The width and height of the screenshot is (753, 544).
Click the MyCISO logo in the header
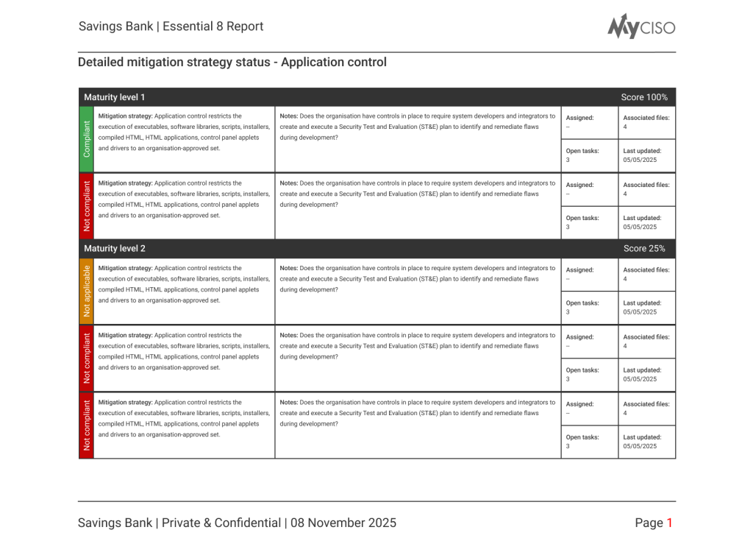(x=640, y=27)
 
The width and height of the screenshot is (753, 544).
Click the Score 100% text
(x=644, y=97)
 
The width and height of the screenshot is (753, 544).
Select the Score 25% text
(x=644, y=249)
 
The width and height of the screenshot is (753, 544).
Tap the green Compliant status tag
(x=87, y=139)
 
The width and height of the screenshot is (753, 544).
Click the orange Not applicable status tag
(x=87, y=291)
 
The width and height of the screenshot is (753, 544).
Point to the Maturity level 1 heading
(x=115, y=97)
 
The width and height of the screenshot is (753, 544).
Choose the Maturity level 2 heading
(x=115, y=249)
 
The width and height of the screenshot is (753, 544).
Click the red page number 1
(x=669, y=523)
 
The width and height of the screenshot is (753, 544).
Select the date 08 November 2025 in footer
(x=343, y=523)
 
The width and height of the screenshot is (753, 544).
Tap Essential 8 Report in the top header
(x=213, y=27)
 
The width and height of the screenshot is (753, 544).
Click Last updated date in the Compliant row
(x=640, y=160)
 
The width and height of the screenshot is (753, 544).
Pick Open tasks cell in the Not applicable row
(x=582, y=307)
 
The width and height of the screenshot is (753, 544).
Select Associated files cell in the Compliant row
(x=646, y=121)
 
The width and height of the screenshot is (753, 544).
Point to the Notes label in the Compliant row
(x=289, y=116)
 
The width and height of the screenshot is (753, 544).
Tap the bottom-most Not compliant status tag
(x=87, y=425)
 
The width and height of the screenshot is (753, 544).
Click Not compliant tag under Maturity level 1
(x=87, y=206)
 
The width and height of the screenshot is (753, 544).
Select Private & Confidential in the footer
(x=221, y=523)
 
